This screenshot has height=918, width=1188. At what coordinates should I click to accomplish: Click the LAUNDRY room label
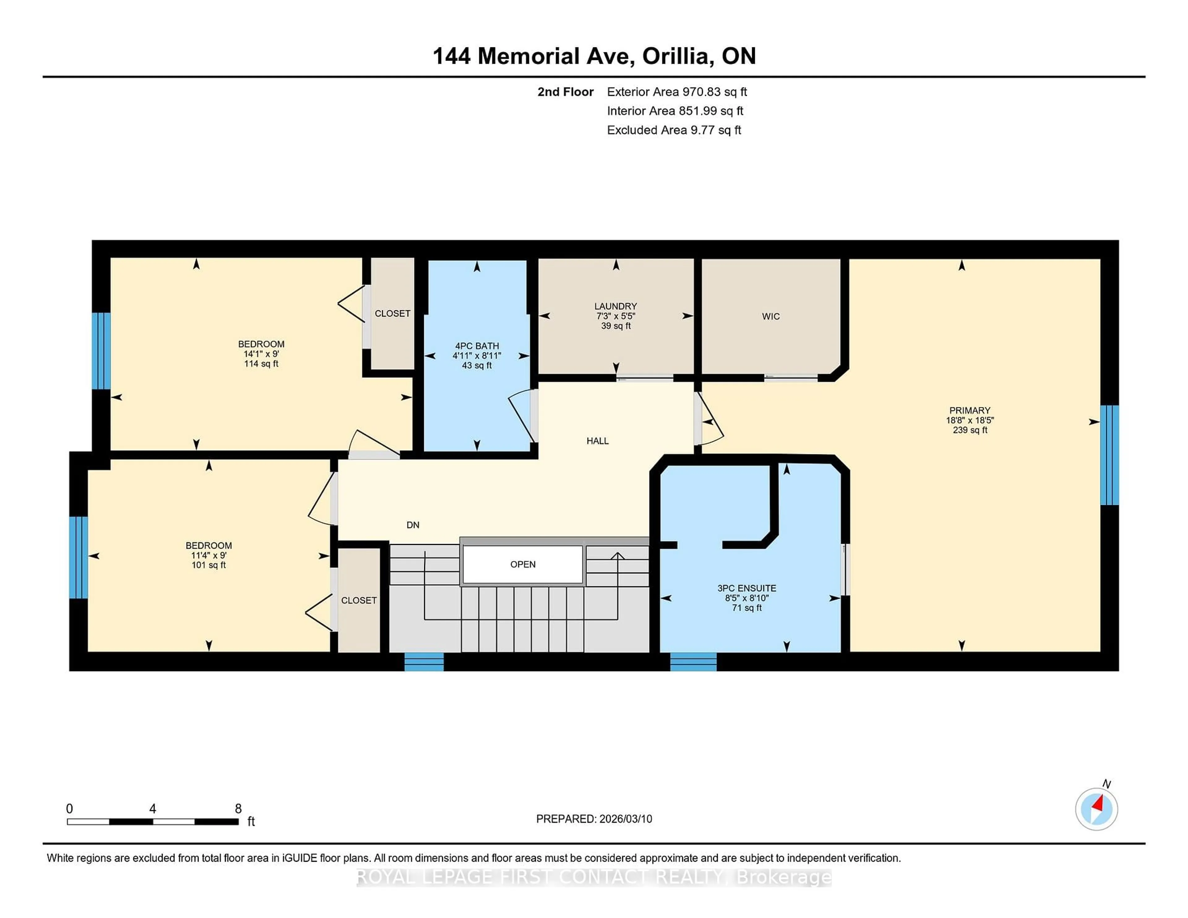coord(615,306)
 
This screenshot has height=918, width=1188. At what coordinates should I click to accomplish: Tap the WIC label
coord(770,316)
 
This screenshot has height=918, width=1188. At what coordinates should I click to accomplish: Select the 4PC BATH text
coord(476,346)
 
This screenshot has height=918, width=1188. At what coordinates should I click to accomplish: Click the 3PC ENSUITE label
coord(746,588)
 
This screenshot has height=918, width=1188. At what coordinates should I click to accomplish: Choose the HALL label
coord(597,441)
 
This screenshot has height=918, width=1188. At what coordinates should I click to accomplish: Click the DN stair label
coord(413,525)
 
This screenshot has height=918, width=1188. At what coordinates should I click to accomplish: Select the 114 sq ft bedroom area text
coord(261,364)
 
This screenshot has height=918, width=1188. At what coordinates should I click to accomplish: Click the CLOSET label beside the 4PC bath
coord(392,314)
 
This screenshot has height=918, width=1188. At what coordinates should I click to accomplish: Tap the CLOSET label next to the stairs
coord(359,600)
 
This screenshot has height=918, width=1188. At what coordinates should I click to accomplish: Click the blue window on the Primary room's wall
coord(1109,455)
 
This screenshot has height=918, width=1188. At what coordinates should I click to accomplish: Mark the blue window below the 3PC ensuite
coord(693,662)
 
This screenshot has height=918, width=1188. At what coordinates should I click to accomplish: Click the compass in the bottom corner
coord(1096,809)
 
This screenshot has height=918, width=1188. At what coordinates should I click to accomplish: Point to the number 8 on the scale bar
coord(238,809)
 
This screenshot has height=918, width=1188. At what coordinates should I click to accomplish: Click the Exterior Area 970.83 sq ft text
coord(677,92)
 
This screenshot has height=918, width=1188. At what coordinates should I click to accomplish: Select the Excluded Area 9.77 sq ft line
coord(674,130)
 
